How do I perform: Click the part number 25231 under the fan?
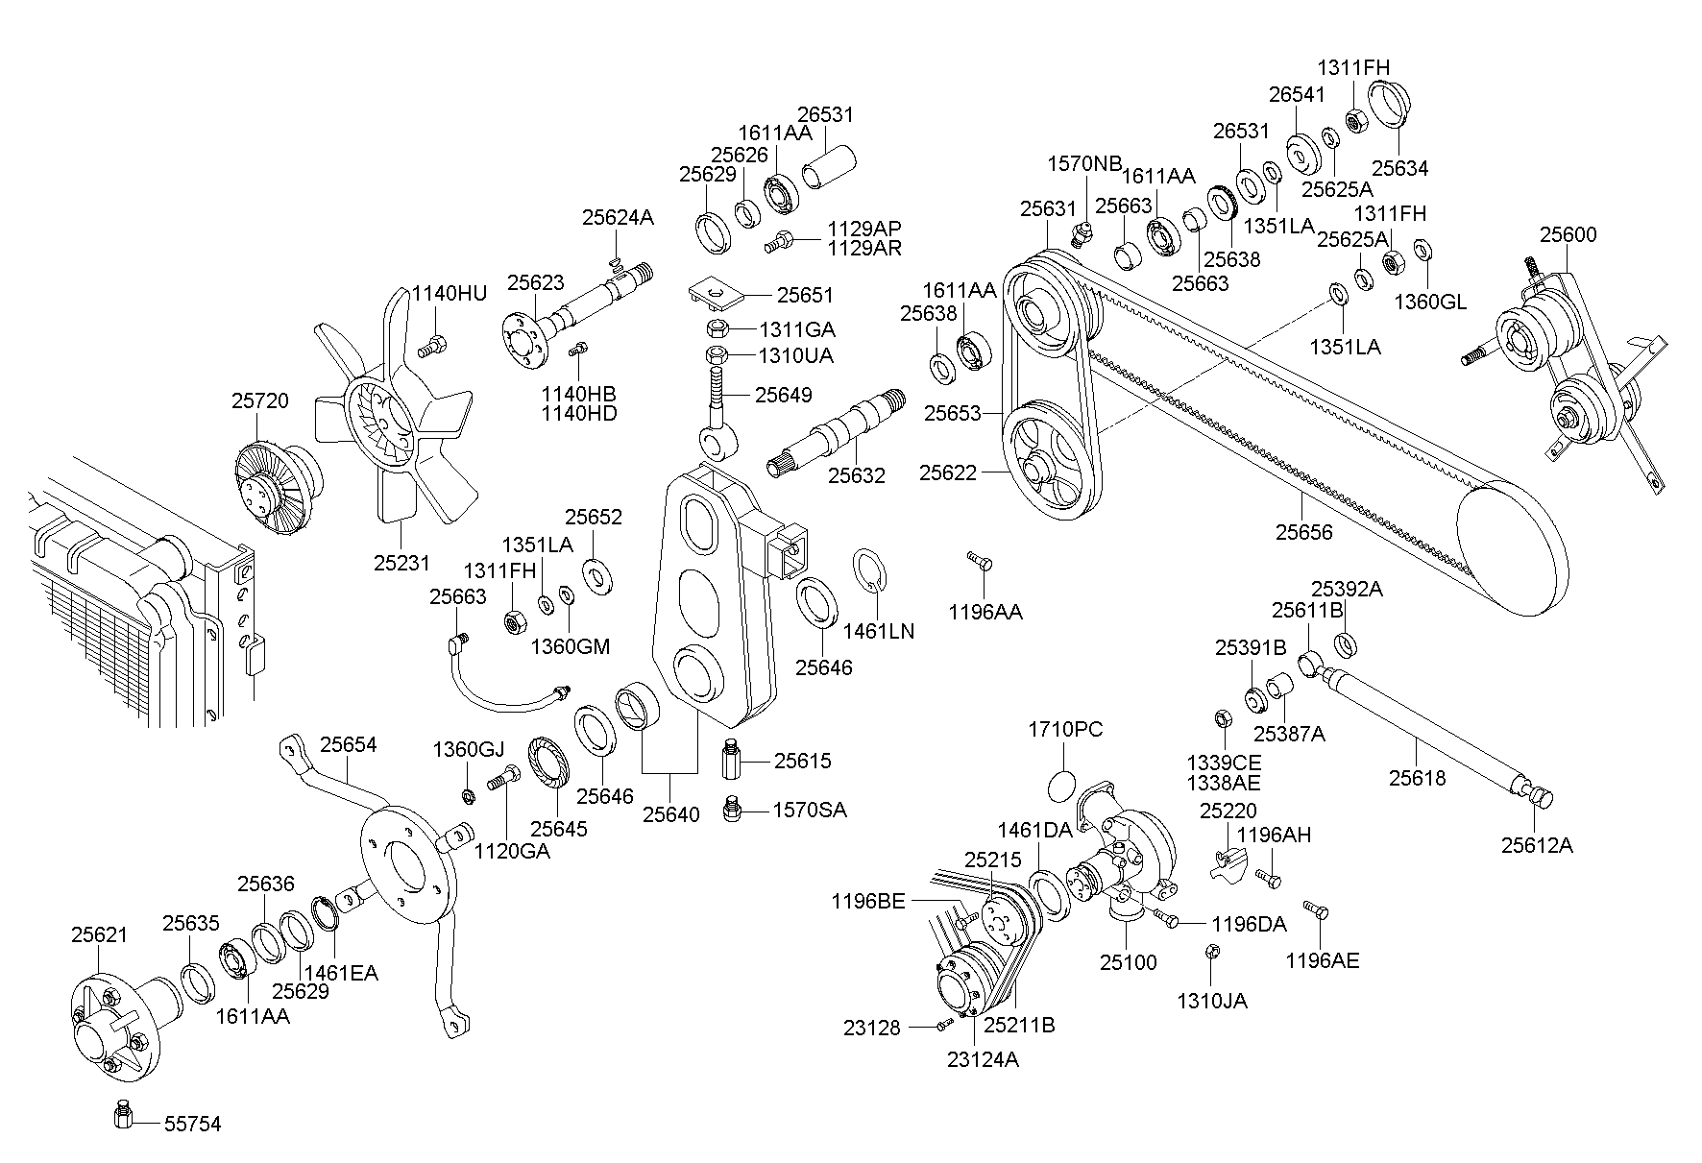point(401,562)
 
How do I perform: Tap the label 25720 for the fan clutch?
point(259,400)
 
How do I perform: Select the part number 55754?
point(192,1124)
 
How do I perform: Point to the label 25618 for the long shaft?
point(1417,777)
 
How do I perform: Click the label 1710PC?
point(1065,730)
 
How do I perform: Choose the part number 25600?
point(1568,234)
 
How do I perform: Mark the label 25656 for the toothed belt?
point(1304,531)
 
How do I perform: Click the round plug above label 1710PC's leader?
point(1061,786)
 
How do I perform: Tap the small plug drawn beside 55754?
point(122,1115)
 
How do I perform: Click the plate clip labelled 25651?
point(714,292)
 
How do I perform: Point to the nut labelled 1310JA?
point(1211,951)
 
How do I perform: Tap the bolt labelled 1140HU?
point(434,343)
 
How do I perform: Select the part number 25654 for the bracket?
point(348,744)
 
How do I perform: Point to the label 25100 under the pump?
point(1129,961)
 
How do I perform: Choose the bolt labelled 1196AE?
point(1314,909)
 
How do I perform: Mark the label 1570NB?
point(1084,163)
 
